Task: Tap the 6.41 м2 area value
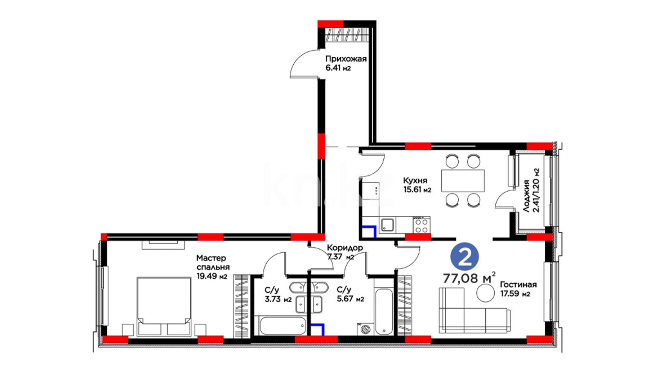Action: click(338, 68)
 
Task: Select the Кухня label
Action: click(415, 181)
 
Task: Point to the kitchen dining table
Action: click(463, 181)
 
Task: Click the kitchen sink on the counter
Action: click(388, 225)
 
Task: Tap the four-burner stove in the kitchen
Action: click(422, 225)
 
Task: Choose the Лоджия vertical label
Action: click(526, 196)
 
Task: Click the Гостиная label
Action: click(518, 285)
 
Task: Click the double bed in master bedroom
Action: click(164, 306)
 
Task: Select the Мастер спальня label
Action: click(213, 262)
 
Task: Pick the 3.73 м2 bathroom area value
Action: click(278, 299)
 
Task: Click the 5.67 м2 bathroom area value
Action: click(350, 299)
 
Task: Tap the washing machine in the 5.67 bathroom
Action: click(365, 329)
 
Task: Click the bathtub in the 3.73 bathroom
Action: click(282, 325)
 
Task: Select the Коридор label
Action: click(345, 247)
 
